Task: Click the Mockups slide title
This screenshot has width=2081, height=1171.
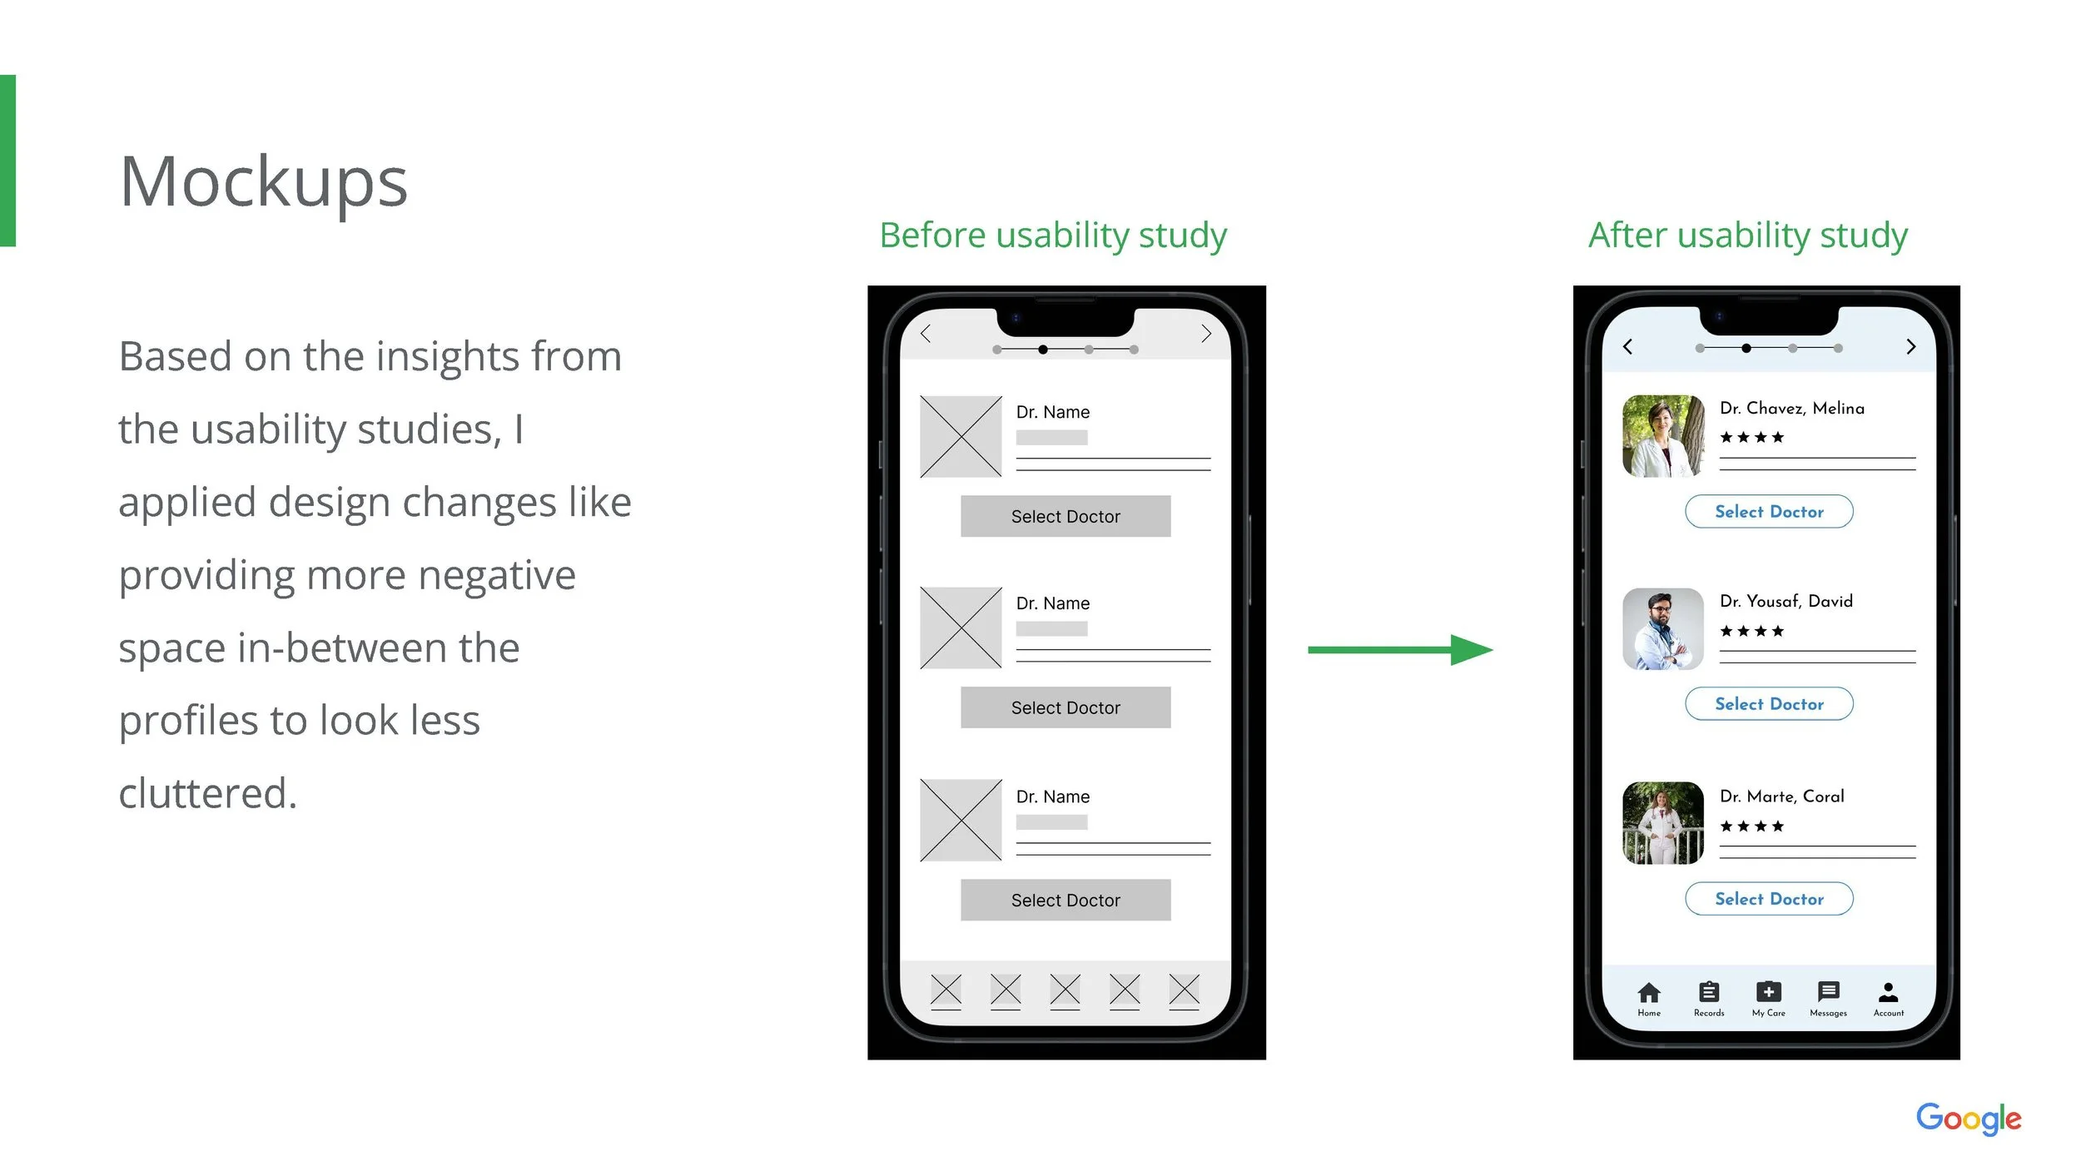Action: tap(263, 182)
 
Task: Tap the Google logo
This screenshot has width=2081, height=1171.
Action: tap(1969, 1119)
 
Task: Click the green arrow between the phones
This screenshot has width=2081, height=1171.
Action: tap(1400, 650)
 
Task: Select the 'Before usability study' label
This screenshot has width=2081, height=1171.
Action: tap(1053, 236)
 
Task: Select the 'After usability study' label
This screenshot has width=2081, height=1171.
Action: tap(1748, 236)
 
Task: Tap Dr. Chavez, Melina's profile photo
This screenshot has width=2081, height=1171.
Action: tap(1663, 436)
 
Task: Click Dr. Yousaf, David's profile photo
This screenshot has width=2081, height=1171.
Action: tap(1663, 629)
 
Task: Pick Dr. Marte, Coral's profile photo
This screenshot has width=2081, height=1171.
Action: tap(1663, 823)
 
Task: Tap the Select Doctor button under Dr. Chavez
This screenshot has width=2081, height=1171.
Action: tap(1769, 512)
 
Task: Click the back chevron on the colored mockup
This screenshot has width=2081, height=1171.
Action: tap(1628, 346)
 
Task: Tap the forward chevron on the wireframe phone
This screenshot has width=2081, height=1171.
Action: tap(1206, 334)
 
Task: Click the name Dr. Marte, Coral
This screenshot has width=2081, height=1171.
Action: tap(1782, 796)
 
